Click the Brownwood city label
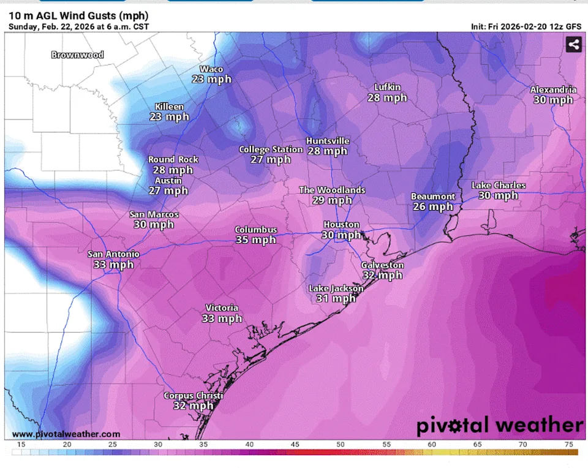tap(77, 55)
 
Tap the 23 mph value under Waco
tap(211, 80)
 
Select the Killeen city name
tap(169, 107)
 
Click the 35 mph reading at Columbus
tap(256, 240)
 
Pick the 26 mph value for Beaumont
tap(432, 207)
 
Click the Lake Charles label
tap(498, 186)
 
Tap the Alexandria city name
tap(553, 90)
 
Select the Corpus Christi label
tap(193, 396)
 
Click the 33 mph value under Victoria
tap(222, 319)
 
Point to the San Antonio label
tap(113, 254)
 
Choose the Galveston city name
tap(382, 265)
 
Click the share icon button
tap(573, 44)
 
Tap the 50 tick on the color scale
tap(339, 444)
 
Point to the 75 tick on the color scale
tap(568, 444)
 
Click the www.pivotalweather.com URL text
tap(66, 434)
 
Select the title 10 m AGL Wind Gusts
tap(78, 15)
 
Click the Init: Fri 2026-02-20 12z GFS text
tap(526, 27)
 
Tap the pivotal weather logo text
tap(500, 425)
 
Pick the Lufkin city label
tap(387, 87)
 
